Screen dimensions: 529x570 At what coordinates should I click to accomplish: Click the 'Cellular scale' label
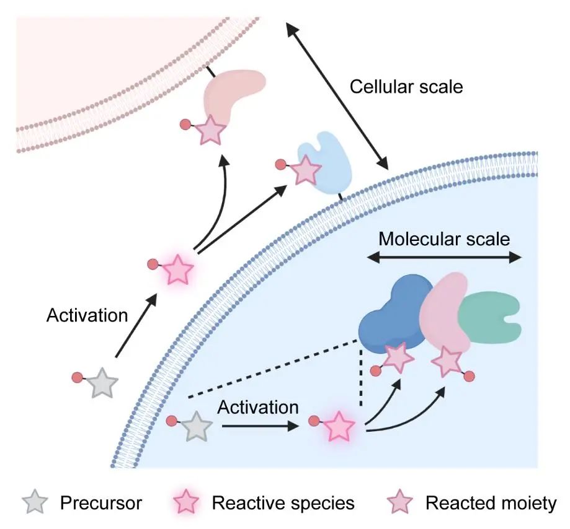pyautogui.click(x=406, y=86)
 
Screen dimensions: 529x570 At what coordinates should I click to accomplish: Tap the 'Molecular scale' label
pyautogui.click(x=444, y=238)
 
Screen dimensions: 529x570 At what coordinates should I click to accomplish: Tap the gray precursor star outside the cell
pyautogui.click(x=100, y=383)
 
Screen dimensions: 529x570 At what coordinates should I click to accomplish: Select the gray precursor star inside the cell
pyautogui.click(x=195, y=427)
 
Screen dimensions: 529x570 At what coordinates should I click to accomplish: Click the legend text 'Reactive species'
pyautogui.click(x=283, y=503)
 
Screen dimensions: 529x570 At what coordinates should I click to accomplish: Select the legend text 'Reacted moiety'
pyautogui.click(x=491, y=503)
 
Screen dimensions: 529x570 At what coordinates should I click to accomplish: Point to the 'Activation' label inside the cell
pyautogui.click(x=257, y=408)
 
